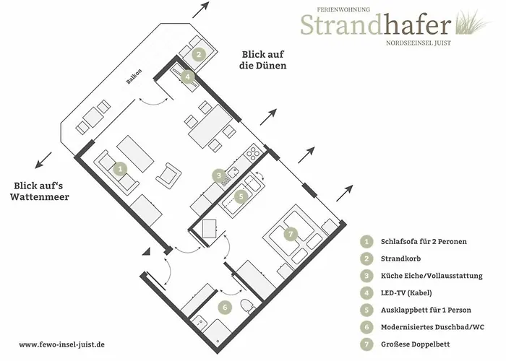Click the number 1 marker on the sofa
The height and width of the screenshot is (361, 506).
120,168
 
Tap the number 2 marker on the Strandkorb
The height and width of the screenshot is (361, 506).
199,54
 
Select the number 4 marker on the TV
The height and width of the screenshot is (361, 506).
188,77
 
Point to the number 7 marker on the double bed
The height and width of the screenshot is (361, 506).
291,234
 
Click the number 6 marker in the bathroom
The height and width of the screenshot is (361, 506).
225,307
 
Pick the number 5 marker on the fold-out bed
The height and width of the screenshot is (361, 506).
241,196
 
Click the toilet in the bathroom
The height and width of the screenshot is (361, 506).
248,305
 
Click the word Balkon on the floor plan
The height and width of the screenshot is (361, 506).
134,77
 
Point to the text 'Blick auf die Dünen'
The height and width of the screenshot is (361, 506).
262,60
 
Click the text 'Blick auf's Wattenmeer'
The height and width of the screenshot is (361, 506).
39,191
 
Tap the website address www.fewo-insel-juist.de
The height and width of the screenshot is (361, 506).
61,344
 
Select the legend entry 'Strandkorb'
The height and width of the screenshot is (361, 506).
400,258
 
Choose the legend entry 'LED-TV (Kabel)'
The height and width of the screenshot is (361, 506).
406,292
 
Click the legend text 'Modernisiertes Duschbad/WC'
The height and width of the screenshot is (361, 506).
432,327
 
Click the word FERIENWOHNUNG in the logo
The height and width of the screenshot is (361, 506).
343,9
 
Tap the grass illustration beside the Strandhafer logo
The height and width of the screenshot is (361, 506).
472,22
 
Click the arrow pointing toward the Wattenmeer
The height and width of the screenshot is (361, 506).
43,160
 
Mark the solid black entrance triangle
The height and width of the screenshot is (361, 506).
147,253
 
